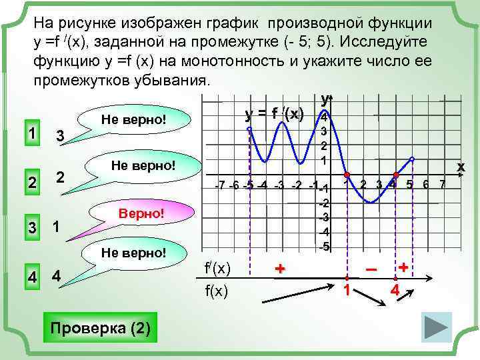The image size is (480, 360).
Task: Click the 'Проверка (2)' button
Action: (100, 328)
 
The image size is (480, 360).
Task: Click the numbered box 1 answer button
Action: (30, 132)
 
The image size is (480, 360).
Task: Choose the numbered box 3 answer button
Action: (30, 227)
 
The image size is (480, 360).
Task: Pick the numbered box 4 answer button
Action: (30, 276)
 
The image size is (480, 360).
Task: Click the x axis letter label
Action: (459, 165)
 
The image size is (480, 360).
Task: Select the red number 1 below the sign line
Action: (346, 290)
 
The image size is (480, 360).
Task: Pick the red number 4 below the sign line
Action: (395, 290)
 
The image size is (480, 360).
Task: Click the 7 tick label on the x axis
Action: (441, 184)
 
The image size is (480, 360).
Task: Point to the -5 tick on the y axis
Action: (323, 247)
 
